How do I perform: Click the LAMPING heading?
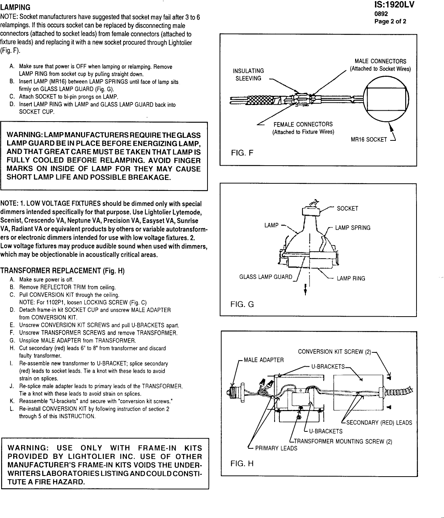click(x=15, y=8)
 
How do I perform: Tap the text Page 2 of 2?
click(x=390, y=21)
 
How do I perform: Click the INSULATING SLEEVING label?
click(x=248, y=75)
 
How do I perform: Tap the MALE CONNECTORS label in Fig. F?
click(x=380, y=65)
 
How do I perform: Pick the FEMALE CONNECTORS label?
click(x=303, y=128)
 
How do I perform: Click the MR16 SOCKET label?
click(x=369, y=140)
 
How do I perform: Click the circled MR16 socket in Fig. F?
click(x=387, y=99)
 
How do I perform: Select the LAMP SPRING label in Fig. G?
click(x=352, y=228)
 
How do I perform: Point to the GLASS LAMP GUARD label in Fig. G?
click(x=265, y=277)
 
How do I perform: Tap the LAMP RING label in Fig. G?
click(x=351, y=279)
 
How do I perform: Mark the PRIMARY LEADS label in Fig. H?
click(x=276, y=448)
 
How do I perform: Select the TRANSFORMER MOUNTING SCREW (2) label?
click(x=343, y=441)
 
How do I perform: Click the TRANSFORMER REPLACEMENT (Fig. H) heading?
click(x=62, y=271)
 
